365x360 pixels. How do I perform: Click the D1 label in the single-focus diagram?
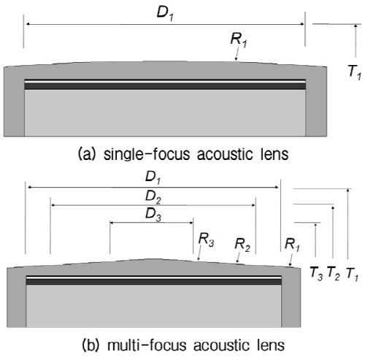tap(165, 13)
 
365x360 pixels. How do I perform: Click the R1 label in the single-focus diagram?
tap(239, 40)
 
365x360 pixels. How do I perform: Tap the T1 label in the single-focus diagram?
tap(355, 72)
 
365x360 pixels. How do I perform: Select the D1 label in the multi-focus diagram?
tap(153, 177)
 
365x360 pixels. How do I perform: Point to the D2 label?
tap(153, 196)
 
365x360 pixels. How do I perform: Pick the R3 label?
tap(207, 240)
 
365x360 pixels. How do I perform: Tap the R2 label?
tap(242, 245)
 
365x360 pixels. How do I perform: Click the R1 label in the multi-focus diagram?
tap(292, 245)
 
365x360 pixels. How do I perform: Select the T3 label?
tap(317, 273)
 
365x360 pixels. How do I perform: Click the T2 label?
tap(334, 273)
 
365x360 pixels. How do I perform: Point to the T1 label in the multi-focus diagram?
tap(352, 274)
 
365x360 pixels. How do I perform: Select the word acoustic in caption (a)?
tap(225, 154)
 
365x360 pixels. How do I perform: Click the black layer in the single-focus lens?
tap(165, 86)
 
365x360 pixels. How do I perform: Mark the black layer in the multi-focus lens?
tap(154, 282)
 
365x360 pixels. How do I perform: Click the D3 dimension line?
tap(152, 223)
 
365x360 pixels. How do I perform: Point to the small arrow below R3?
tap(199, 253)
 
